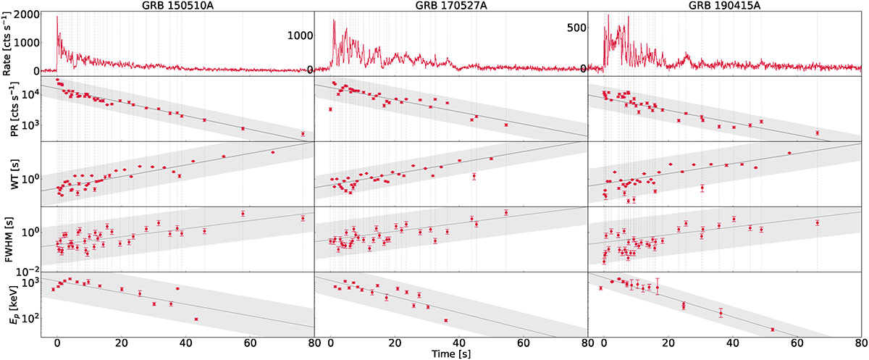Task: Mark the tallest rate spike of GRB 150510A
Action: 57,17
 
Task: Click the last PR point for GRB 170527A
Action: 506,125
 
